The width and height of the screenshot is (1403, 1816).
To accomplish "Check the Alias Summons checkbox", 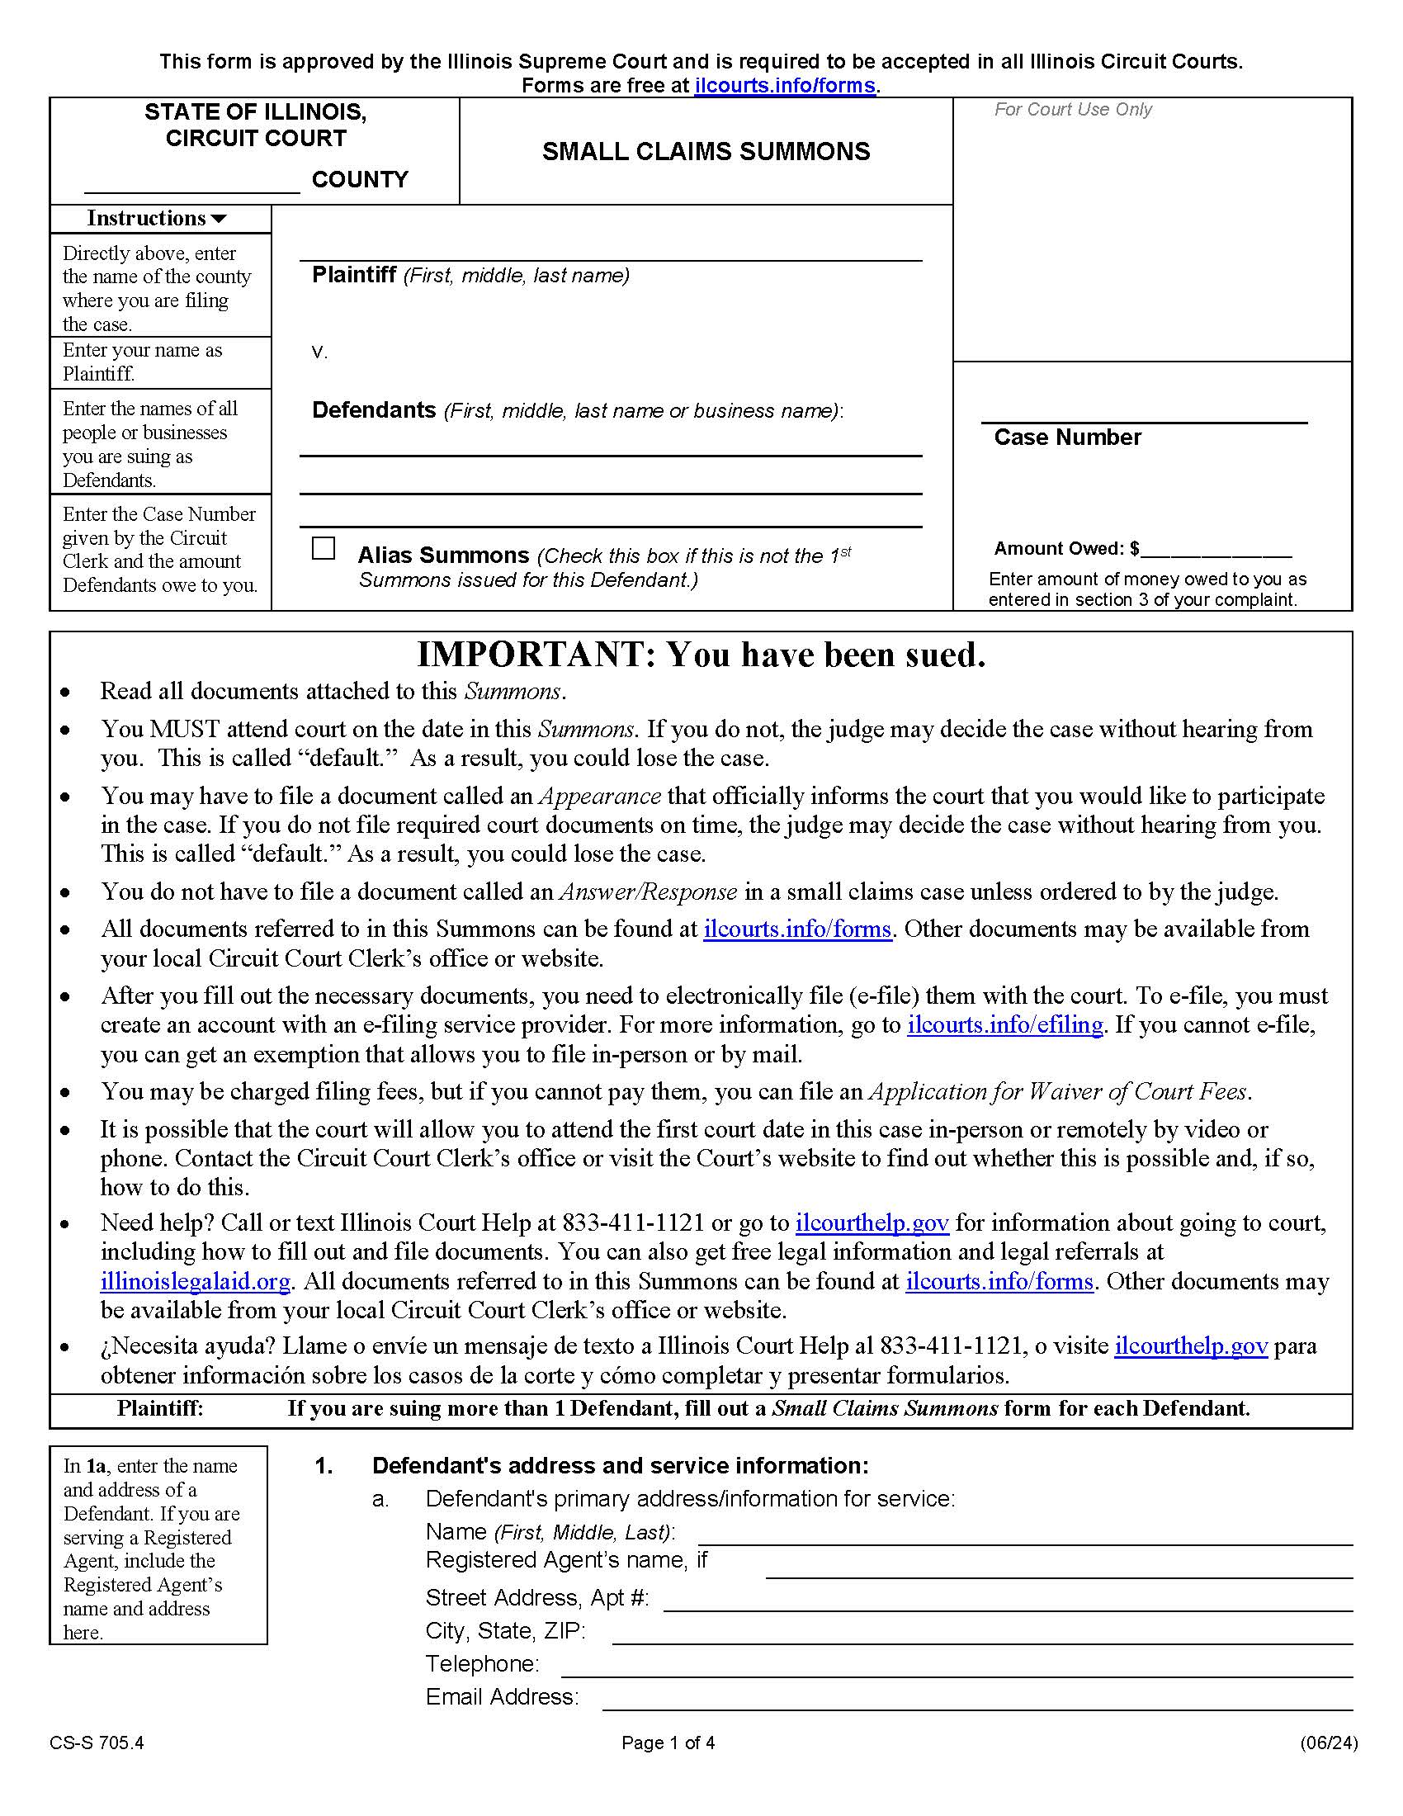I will click(323, 549).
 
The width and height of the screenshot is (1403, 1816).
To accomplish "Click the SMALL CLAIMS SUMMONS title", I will click(706, 151).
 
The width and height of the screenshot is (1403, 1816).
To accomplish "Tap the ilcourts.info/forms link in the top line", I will click(785, 86).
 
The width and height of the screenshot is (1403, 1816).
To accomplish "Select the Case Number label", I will click(1067, 437).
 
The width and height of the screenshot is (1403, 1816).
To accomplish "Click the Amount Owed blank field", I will click(1216, 550).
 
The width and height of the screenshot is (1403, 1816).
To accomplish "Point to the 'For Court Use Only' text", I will click(1073, 110).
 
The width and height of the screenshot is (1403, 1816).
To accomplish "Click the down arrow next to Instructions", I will click(219, 220).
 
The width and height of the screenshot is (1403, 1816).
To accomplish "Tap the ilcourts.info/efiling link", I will click(1005, 1025).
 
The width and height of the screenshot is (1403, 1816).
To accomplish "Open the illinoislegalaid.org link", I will click(196, 1281).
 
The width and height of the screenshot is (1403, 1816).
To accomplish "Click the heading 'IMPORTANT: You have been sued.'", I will click(701, 655).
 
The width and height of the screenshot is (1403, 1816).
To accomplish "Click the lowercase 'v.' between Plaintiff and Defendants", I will click(320, 352).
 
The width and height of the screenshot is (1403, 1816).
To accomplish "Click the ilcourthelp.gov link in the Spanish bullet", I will click(1190, 1346).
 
